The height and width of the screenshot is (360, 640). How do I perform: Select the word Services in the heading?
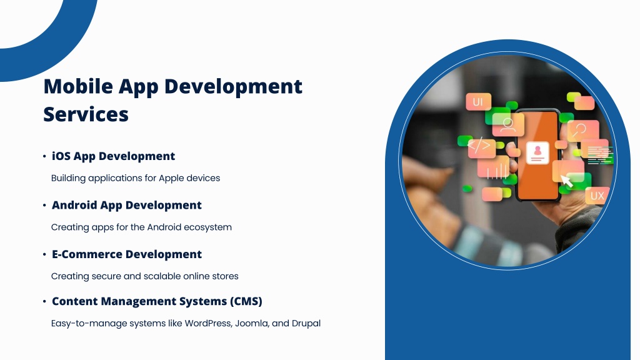click(x=86, y=114)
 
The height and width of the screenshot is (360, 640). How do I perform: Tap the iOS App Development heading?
click(x=113, y=156)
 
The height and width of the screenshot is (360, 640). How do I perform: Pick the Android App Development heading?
click(x=126, y=205)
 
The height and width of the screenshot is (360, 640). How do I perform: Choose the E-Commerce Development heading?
click(x=126, y=254)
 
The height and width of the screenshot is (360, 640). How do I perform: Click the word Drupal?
click(x=306, y=324)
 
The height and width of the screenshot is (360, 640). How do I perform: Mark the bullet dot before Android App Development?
click(x=44, y=205)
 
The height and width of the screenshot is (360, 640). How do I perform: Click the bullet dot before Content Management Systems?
click(x=44, y=302)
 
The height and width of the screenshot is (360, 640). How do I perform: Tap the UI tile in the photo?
click(x=478, y=102)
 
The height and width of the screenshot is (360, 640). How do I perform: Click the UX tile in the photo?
click(x=597, y=196)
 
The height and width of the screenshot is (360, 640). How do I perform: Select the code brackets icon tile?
click(x=481, y=148)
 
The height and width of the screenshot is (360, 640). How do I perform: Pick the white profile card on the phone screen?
click(x=537, y=152)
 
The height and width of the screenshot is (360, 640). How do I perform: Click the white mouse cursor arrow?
click(x=567, y=181)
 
